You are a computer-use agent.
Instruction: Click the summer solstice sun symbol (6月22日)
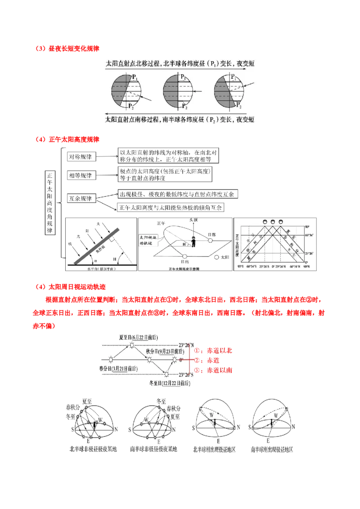click(x=131, y=345)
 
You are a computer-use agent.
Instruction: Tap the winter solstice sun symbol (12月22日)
click(x=166, y=374)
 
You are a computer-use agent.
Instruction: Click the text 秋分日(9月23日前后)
click(x=165, y=351)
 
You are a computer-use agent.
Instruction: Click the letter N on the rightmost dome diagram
click(x=294, y=424)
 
